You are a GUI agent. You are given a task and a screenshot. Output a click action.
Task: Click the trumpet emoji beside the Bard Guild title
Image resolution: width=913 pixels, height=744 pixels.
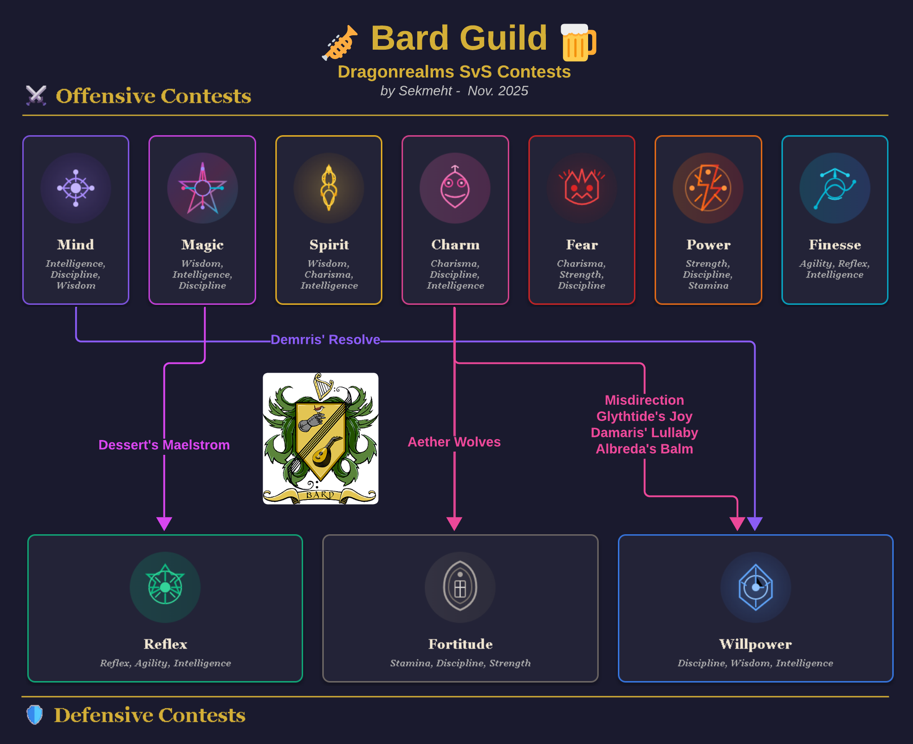click(x=340, y=43)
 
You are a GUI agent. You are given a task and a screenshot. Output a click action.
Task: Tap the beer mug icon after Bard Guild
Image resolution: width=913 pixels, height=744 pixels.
click(x=578, y=42)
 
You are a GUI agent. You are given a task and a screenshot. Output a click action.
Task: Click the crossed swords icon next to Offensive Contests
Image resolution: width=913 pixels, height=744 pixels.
click(x=36, y=96)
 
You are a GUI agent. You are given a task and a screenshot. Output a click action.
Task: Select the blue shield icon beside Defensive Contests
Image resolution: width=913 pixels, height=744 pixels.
click(x=34, y=715)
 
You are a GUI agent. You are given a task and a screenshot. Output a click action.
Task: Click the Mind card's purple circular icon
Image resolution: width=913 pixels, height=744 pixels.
click(x=76, y=188)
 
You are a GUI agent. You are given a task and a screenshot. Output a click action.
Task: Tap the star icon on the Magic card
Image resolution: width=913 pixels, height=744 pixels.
click(x=202, y=188)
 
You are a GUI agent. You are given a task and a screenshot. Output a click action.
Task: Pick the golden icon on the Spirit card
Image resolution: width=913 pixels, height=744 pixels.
click(x=329, y=188)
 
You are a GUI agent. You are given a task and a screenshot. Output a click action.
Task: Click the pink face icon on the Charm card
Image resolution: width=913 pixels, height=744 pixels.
click(x=455, y=188)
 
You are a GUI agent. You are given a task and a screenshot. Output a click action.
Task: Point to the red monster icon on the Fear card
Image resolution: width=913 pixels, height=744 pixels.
click(x=582, y=188)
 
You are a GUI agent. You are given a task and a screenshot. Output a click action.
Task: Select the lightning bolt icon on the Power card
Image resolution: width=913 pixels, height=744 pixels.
click(x=708, y=188)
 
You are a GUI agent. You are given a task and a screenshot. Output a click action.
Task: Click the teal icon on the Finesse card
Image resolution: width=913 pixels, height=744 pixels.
click(x=835, y=188)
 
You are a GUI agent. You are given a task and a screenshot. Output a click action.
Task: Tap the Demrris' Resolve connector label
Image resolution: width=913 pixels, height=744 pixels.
click(x=325, y=340)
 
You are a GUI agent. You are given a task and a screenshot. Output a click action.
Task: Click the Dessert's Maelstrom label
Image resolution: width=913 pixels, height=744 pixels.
click(x=164, y=445)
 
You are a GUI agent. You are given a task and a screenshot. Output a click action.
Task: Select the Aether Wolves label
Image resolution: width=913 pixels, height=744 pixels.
click(x=454, y=442)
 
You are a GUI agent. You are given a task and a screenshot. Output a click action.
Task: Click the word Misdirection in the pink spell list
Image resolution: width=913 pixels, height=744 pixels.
click(x=644, y=400)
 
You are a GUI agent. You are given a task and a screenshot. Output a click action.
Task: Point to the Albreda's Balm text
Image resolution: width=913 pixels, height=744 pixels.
click(x=644, y=449)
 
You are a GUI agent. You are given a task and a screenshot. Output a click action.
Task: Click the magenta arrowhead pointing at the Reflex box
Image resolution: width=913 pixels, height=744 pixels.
click(x=164, y=523)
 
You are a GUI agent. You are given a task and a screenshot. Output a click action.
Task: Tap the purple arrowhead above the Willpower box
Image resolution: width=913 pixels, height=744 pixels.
click(x=755, y=523)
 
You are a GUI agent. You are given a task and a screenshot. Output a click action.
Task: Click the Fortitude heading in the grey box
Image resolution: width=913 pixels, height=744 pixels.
click(x=460, y=644)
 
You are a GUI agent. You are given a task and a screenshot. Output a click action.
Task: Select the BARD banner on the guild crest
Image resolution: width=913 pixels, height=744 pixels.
click(x=320, y=495)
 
